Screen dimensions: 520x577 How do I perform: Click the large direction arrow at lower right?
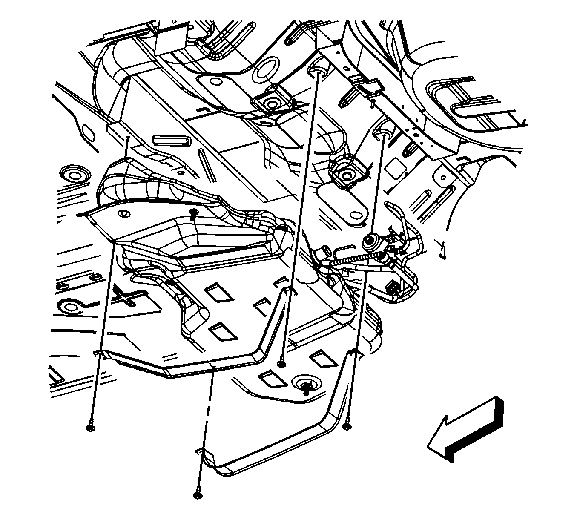coord(466,430)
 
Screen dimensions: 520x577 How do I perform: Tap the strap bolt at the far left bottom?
coord(89,428)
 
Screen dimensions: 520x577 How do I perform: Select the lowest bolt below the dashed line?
coord(197,495)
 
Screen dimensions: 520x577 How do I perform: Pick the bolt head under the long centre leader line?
coord(281,363)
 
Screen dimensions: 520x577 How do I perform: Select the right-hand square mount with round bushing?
coord(343,174)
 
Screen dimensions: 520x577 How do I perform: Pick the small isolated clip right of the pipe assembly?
coord(442,249)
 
